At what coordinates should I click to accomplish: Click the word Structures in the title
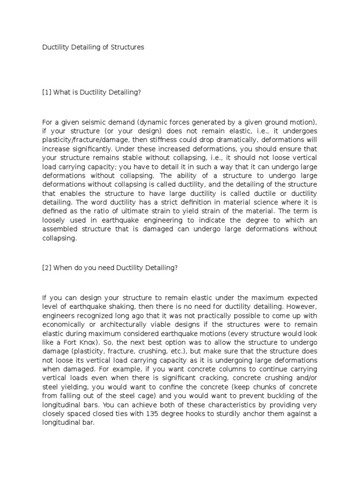click(128, 47)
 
